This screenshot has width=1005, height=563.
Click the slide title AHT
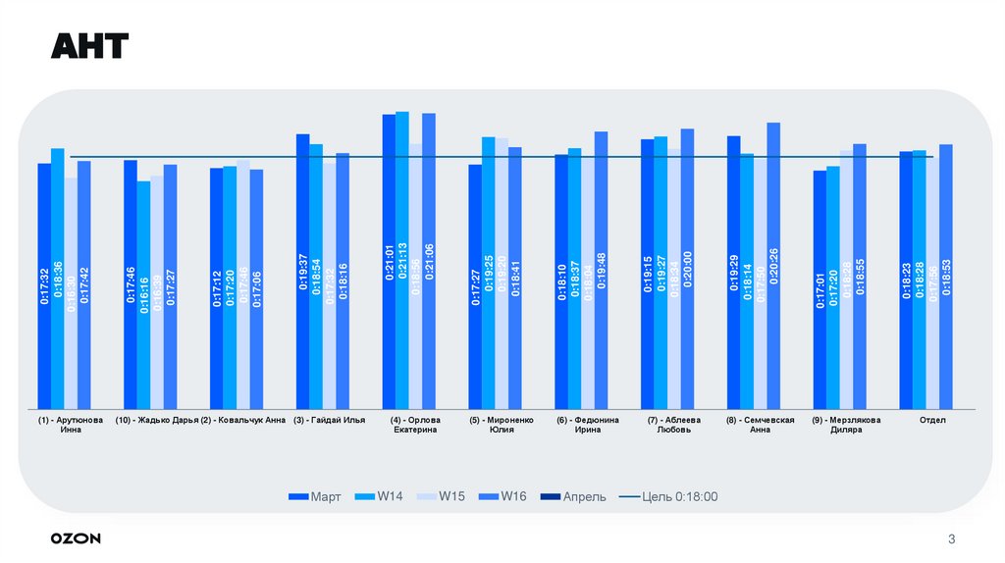tap(89, 46)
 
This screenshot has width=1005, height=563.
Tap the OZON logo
tap(76, 538)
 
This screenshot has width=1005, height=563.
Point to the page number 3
tap(951, 538)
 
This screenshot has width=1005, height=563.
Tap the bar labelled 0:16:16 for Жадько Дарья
tap(143, 294)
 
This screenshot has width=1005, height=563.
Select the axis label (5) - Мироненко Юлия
tap(501, 425)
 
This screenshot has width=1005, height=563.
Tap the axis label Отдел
tap(932, 420)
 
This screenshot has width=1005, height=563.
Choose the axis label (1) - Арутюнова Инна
tap(70, 425)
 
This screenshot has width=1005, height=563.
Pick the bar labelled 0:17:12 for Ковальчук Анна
tap(216, 288)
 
